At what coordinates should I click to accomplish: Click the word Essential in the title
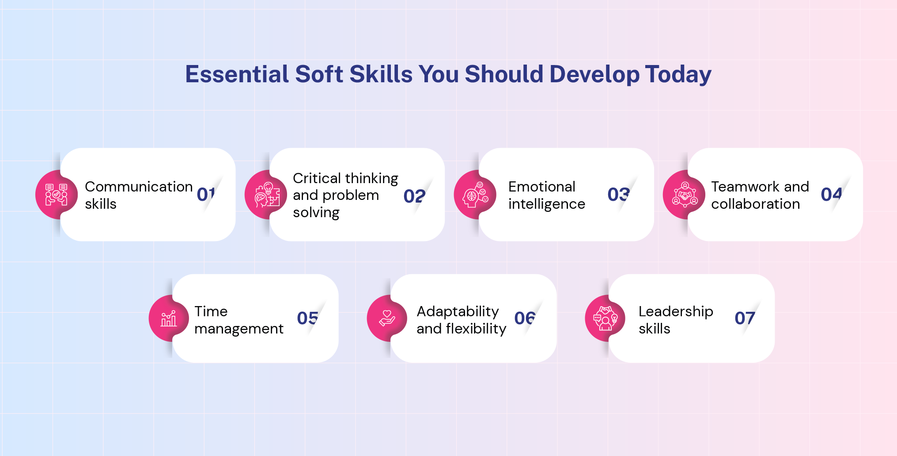[x=237, y=74]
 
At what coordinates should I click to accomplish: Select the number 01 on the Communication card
[x=206, y=195]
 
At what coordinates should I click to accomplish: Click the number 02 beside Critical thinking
[x=414, y=196]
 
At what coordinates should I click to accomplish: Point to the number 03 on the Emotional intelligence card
[x=618, y=195]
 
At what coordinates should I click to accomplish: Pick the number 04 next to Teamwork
[x=831, y=195]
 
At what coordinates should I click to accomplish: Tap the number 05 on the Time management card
[x=307, y=318]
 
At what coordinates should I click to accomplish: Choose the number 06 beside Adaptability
[x=525, y=318]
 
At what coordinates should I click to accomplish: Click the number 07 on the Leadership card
[x=745, y=318]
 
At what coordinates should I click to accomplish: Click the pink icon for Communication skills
[x=56, y=195]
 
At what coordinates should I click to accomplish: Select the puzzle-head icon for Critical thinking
[x=266, y=195]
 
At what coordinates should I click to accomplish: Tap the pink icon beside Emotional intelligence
[x=475, y=195]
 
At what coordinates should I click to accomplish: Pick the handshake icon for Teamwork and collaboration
[x=684, y=195]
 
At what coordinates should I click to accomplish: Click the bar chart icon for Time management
[x=169, y=318]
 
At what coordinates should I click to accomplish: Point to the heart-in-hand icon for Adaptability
[x=387, y=318]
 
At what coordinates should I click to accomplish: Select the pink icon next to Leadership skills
[x=605, y=318]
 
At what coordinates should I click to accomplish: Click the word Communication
[x=139, y=187]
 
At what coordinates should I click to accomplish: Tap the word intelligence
[x=546, y=204]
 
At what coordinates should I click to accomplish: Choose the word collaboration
[x=755, y=204]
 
